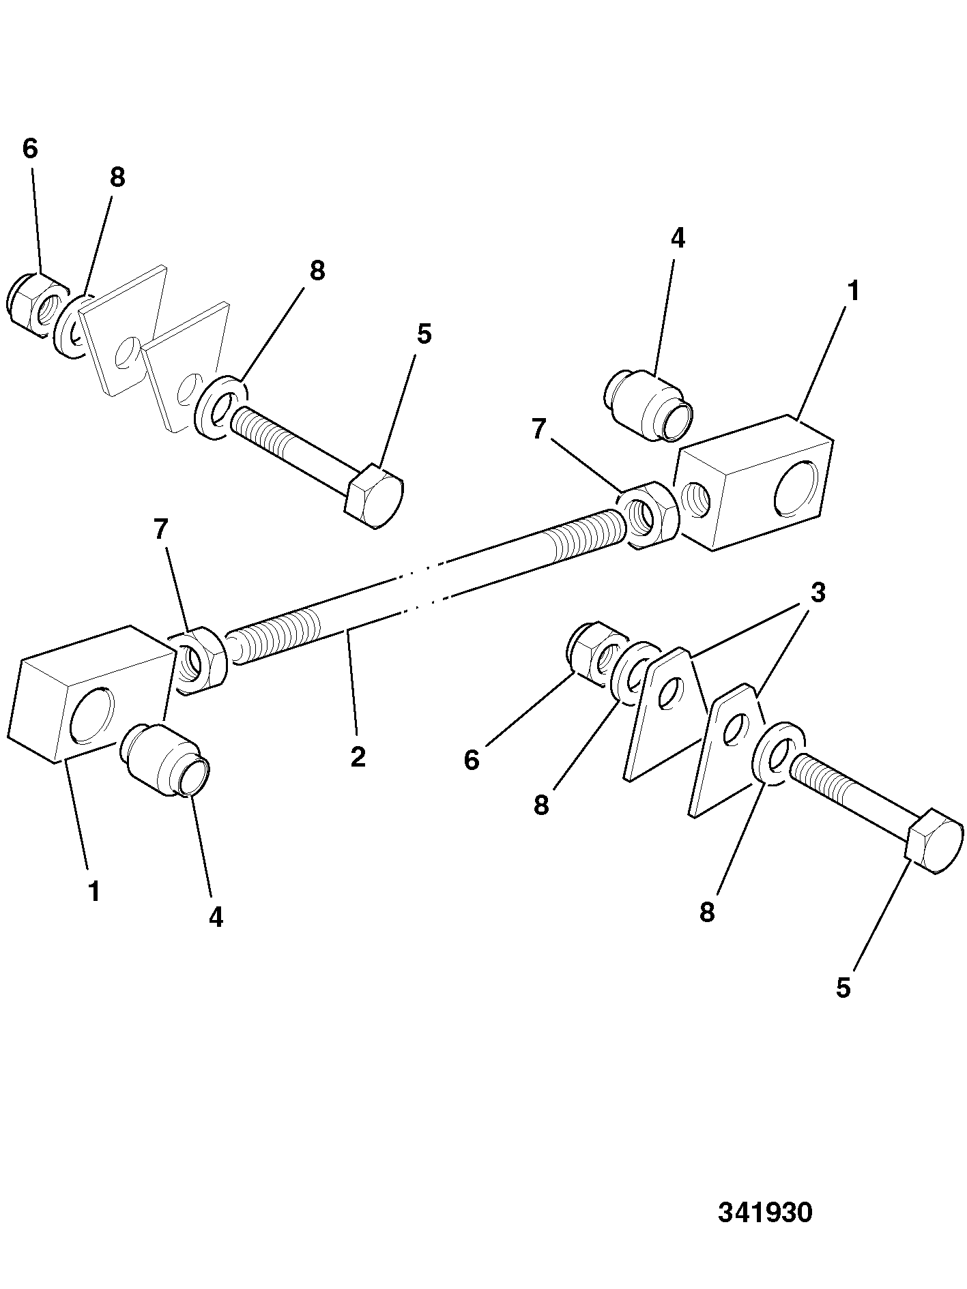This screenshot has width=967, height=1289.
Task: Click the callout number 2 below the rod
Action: point(358,756)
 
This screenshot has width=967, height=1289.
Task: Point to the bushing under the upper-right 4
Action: point(649,406)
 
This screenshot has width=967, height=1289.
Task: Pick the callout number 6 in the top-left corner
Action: point(30,149)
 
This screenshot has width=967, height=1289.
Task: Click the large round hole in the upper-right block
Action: point(796,486)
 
